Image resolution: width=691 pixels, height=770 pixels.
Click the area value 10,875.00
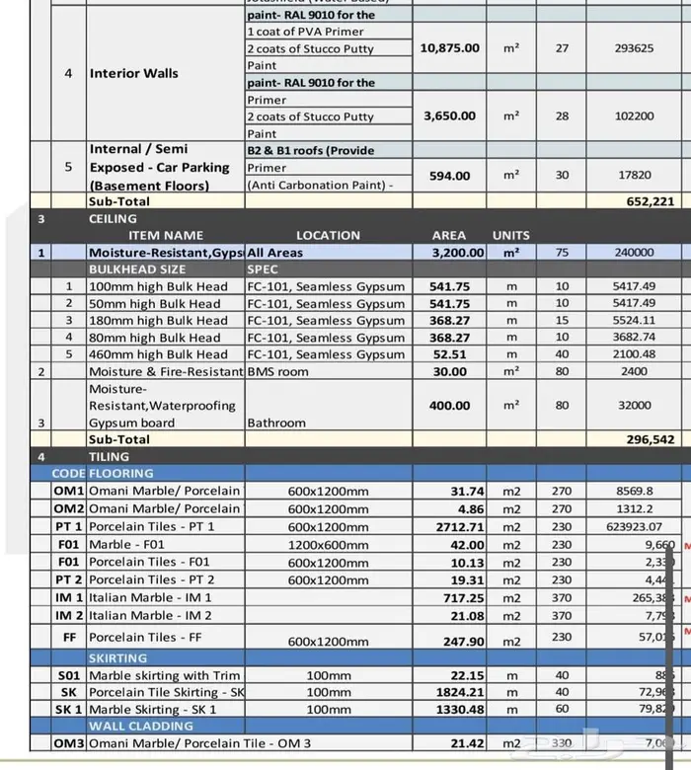tap(449, 48)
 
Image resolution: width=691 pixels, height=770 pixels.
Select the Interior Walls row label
tap(134, 73)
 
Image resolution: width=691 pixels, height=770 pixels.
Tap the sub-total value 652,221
tap(650, 201)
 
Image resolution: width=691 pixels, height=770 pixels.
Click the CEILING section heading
tap(113, 218)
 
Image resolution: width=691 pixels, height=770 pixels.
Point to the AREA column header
tap(449, 235)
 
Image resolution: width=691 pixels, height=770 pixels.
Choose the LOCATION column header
tap(328, 235)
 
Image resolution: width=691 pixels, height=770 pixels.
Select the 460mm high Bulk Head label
tap(159, 354)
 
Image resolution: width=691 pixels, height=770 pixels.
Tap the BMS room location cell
tap(277, 372)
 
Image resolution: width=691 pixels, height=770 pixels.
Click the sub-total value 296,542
tap(650, 439)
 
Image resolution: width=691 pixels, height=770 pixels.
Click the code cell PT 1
tap(68, 526)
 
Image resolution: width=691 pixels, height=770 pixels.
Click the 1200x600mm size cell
tap(329, 544)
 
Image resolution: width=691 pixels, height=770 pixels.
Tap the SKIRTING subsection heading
tap(117, 657)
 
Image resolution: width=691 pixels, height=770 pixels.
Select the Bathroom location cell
tap(276, 423)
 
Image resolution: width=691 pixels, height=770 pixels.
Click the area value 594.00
tap(449, 176)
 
